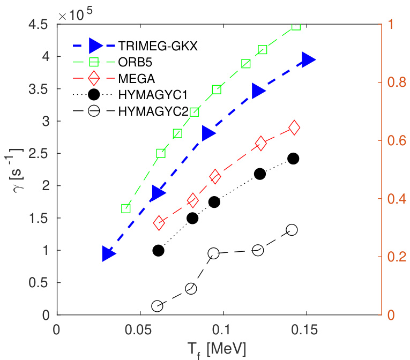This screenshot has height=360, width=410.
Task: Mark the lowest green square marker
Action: (126, 208)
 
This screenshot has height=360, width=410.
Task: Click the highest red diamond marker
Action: (294, 127)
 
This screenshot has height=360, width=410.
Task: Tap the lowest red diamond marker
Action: (159, 223)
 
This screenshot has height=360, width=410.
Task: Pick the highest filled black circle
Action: (293, 159)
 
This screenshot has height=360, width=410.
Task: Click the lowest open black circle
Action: (157, 306)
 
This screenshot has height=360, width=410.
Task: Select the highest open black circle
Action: (292, 229)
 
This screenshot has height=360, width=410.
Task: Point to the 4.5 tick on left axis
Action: (40, 25)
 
